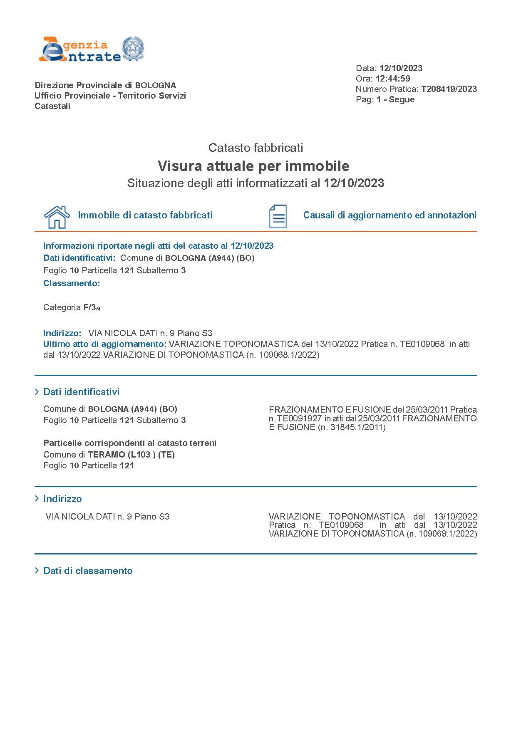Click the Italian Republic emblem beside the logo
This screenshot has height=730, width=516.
click(133, 49)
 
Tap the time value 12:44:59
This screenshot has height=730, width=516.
click(393, 79)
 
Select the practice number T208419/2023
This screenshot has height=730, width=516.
click(449, 89)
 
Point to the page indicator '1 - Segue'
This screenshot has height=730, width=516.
click(395, 99)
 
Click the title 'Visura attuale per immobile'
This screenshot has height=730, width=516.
click(253, 166)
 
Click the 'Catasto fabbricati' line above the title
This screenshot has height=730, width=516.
click(256, 148)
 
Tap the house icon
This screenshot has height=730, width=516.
click(57, 217)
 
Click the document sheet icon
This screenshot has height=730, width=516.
click(278, 216)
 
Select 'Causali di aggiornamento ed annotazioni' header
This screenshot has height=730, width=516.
click(389, 215)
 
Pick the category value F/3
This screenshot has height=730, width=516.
click(90, 307)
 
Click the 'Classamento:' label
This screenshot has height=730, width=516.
click(72, 283)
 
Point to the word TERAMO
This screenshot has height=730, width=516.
click(107, 455)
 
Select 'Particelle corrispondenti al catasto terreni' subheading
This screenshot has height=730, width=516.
click(130, 443)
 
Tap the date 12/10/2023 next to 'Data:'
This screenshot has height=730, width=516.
click(400, 68)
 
